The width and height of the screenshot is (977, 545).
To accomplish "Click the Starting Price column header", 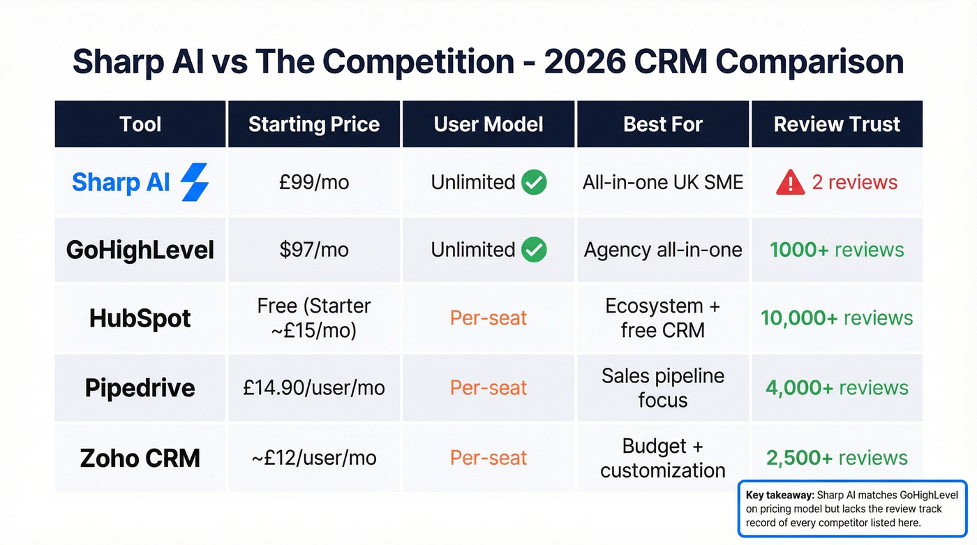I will (314, 124).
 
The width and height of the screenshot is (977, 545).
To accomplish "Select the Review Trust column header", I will (837, 124).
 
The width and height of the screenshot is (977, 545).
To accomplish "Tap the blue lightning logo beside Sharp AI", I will (195, 182).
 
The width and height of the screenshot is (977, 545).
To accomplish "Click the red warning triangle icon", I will (790, 183).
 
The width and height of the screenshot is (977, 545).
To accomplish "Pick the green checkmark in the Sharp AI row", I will (535, 182).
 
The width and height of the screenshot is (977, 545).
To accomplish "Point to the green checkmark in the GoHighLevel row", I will (535, 250).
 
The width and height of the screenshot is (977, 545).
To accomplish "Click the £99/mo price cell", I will (314, 182).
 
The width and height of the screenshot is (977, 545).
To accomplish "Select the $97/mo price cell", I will (314, 250).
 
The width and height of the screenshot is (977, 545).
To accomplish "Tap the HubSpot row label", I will (140, 318).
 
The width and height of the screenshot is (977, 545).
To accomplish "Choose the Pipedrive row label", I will (140, 388).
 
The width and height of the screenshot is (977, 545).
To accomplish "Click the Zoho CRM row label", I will (140, 458).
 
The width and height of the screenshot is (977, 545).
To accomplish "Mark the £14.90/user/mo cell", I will (314, 388).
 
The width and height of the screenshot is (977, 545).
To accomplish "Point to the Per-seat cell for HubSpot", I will (488, 318).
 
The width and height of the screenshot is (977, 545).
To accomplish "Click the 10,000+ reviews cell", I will (837, 318).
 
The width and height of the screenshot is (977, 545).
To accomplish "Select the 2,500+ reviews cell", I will (837, 458).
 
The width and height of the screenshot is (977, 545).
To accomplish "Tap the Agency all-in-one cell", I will (663, 250).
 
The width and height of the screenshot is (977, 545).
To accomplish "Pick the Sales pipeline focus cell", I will (663, 388).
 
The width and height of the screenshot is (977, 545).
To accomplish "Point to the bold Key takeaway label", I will (774, 495).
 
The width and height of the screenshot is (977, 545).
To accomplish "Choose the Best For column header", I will (663, 124).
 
